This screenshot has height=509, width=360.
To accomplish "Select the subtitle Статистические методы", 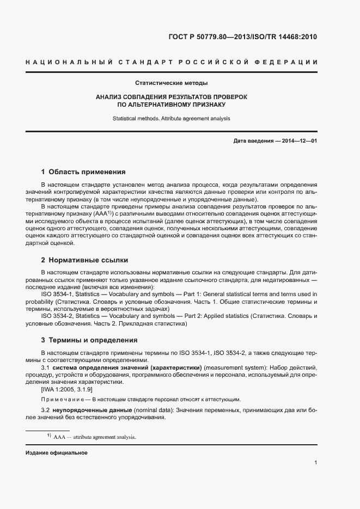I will point(172,83).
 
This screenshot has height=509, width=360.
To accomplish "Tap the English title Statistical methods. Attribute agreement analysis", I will point(172,118).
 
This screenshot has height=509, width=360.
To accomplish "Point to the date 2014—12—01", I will point(298,142).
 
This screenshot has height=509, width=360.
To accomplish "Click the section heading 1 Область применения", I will point(83,171).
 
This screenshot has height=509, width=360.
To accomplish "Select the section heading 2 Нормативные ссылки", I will point(84,260).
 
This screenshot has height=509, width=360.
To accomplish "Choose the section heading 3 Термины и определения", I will point(89,340).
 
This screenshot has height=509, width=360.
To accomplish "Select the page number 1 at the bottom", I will point(315,463).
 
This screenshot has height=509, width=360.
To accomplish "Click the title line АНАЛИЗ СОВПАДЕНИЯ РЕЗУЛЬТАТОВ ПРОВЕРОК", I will point(172,96).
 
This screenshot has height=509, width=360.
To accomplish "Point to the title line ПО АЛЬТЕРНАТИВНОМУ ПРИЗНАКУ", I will point(172,104).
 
